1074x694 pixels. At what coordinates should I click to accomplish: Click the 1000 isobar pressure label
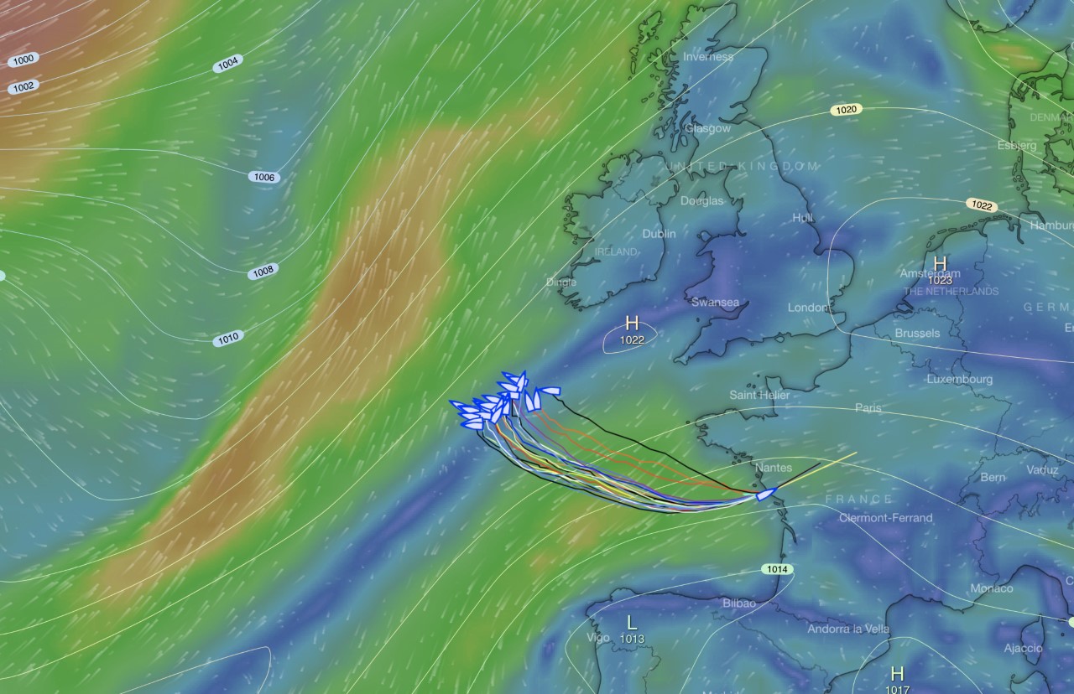point(23,60)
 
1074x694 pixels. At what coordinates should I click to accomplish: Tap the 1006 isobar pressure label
point(263,177)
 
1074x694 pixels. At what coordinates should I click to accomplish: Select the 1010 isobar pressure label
point(227,339)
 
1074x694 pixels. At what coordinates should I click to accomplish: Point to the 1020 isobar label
point(847,110)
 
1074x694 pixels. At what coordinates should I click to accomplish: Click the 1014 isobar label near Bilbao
point(777,569)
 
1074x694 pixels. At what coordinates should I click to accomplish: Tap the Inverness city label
point(708,57)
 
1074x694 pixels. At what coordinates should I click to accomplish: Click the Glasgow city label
point(707,129)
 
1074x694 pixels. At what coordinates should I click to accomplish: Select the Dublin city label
point(659,234)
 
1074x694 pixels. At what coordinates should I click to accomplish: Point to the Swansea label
point(715,303)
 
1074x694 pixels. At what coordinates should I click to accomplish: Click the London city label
point(808,308)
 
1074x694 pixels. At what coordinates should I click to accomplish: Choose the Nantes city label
point(773,468)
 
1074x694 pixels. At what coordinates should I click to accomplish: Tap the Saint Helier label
point(759,395)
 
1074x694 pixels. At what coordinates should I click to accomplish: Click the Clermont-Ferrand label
point(885,518)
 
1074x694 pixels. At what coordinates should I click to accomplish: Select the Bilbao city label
point(739,603)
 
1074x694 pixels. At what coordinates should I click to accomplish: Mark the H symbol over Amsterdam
point(940,264)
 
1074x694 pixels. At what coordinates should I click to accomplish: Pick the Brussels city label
point(917,333)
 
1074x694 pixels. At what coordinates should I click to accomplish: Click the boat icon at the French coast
point(765,495)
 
